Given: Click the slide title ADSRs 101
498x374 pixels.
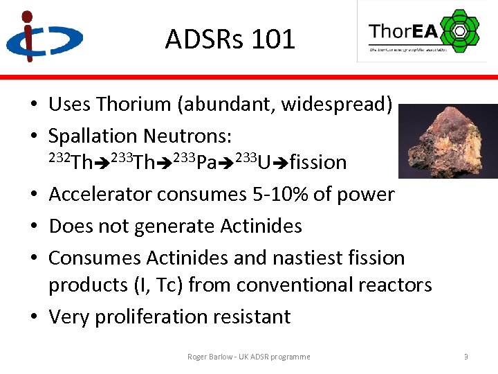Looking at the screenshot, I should click(230, 39).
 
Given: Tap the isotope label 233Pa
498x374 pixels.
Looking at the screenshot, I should click(201, 163).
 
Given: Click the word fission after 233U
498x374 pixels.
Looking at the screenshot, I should click(318, 163).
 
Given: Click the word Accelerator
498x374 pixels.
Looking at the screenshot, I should click(100, 195).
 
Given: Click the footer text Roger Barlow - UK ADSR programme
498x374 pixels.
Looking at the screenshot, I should click(249, 357).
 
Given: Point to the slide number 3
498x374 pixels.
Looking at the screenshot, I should click(466, 357).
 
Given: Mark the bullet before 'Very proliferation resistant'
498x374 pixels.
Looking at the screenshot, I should click(33, 317).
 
